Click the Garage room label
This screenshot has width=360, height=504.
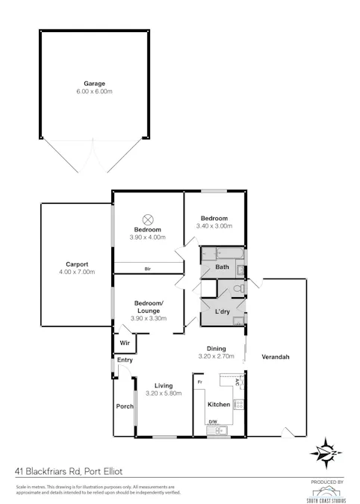point(94,84)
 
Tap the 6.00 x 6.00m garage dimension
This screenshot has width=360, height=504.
point(94,91)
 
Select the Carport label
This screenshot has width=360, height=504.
point(77,264)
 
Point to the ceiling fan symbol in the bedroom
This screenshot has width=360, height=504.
point(148,219)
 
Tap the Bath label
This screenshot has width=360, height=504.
point(222,267)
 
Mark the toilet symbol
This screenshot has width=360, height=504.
point(238,288)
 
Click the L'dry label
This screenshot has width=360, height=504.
point(222,311)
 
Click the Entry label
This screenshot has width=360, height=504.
point(124,361)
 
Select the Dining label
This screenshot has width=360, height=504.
point(217,348)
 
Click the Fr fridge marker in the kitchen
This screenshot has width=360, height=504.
point(199,382)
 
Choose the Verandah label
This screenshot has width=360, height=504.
point(275,357)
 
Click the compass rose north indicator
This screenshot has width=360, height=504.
point(326,452)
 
